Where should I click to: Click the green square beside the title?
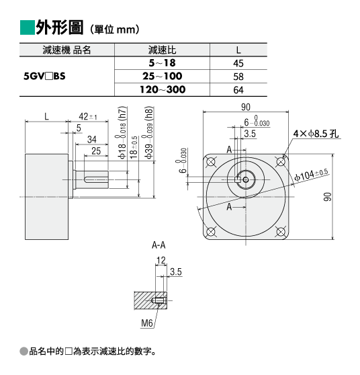(28, 28)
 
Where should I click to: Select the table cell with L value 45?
(238, 63)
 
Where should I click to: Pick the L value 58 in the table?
(238, 77)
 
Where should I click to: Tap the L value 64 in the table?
(238, 90)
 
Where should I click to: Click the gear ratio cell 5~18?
(163, 63)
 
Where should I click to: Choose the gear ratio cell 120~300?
(163, 89)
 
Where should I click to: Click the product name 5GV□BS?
(44, 77)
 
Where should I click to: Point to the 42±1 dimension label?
(88, 117)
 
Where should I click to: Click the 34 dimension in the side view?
(92, 139)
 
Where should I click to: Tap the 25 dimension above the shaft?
(96, 151)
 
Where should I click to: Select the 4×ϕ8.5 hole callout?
(316, 134)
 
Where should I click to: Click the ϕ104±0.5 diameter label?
(311, 175)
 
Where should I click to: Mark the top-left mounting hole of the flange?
(211, 162)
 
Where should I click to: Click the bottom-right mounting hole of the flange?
(281, 231)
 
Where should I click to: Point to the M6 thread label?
(146, 323)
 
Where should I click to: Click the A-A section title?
(159, 245)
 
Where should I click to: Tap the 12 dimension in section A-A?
(161, 260)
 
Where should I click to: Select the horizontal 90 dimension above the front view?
(246, 108)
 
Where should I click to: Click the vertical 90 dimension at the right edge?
(328, 197)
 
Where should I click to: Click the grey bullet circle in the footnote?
(24, 351)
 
